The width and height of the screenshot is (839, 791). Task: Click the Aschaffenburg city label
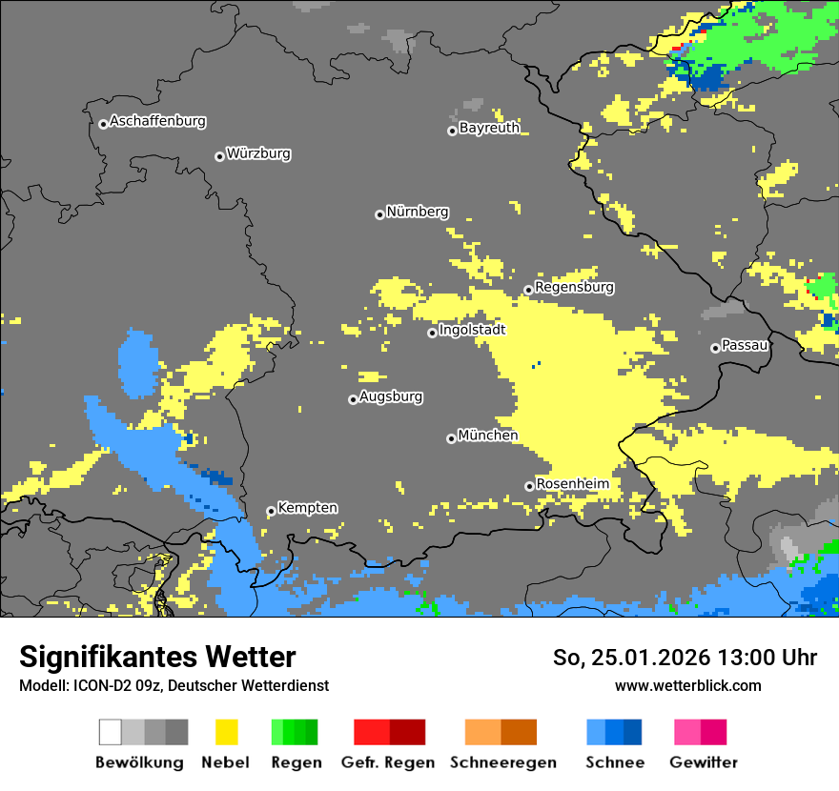pyautogui.click(x=157, y=121)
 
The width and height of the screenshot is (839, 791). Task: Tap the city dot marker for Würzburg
pyautogui.click(x=219, y=156)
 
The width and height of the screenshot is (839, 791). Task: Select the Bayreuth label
pyautogui.click(x=489, y=128)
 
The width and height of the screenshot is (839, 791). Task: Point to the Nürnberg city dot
pyautogui.click(x=379, y=214)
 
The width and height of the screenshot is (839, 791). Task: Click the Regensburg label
pyautogui.click(x=574, y=287)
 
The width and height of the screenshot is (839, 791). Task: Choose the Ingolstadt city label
pyautogui.click(x=472, y=330)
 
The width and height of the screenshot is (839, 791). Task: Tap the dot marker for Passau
pyautogui.click(x=715, y=348)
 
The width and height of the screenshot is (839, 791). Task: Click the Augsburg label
pyautogui.click(x=391, y=396)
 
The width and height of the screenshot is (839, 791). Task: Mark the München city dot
pyautogui.click(x=451, y=438)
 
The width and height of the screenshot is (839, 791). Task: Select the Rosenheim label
pyautogui.click(x=572, y=484)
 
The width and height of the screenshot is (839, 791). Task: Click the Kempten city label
pyautogui.click(x=307, y=508)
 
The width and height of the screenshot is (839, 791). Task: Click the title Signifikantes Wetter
pyautogui.click(x=157, y=657)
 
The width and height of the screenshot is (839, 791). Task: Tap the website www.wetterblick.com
pyautogui.click(x=687, y=685)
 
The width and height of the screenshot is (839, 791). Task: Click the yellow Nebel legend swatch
pyautogui.click(x=226, y=732)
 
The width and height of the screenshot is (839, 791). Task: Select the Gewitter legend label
pyautogui.click(x=704, y=762)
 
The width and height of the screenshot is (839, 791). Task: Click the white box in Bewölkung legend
pyautogui.click(x=111, y=732)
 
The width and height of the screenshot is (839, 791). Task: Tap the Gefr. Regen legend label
pyautogui.click(x=388, y=762)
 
